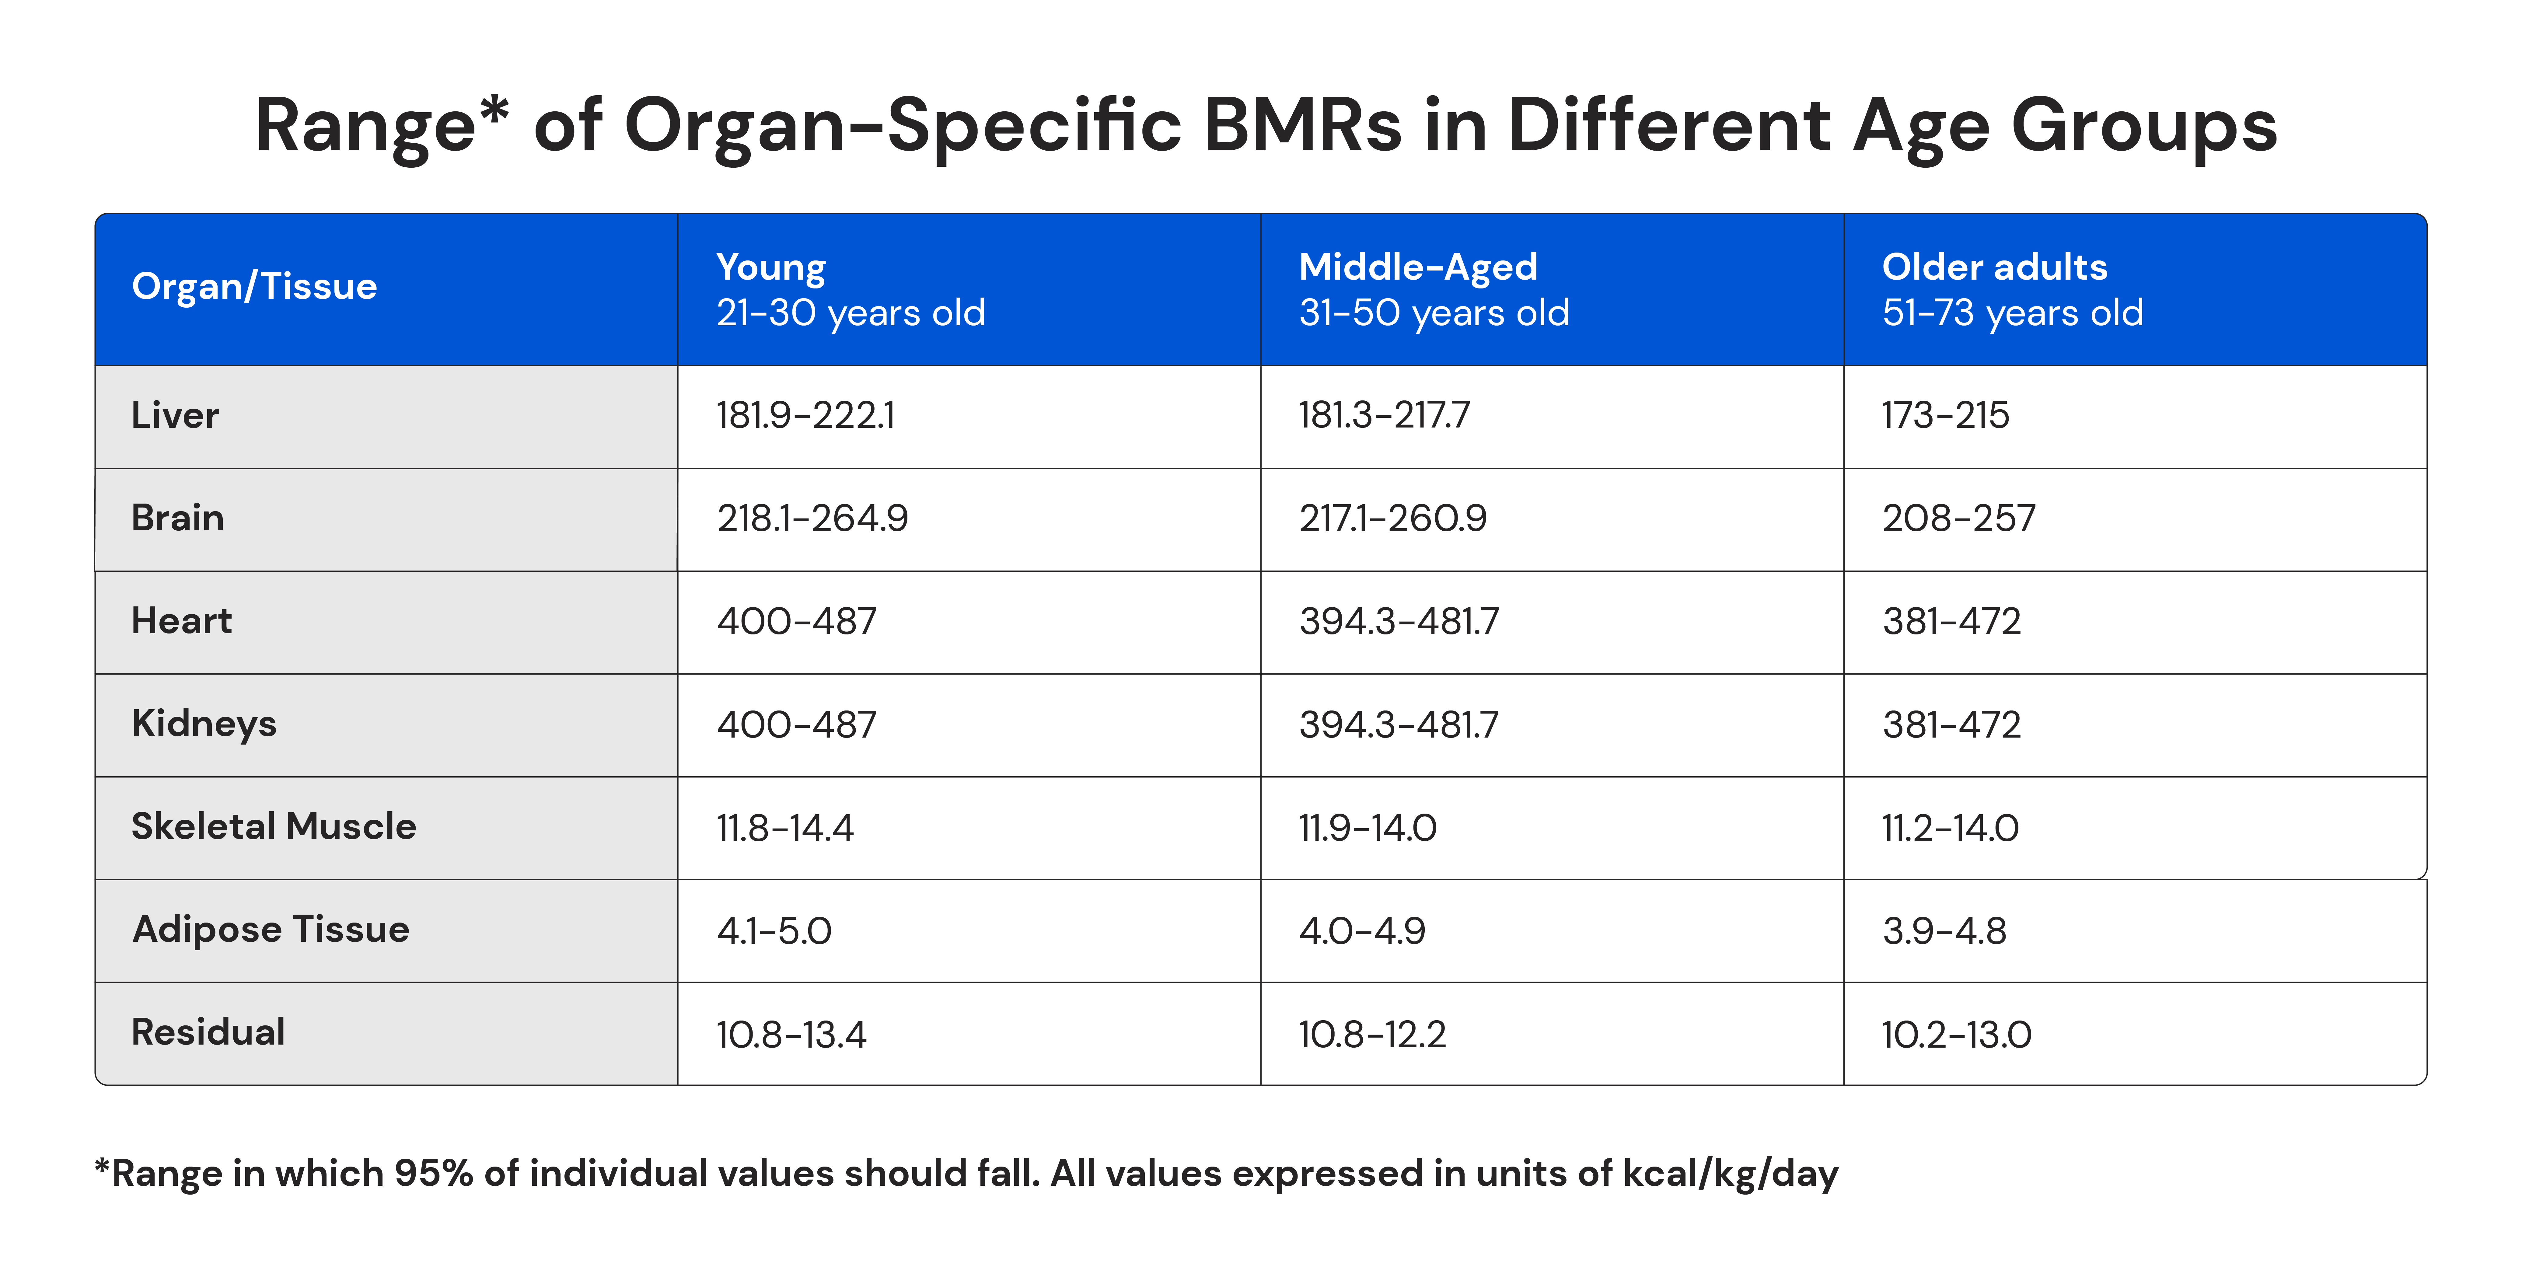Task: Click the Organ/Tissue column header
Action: (254, 287)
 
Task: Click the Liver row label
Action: (175, 416)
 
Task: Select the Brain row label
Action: (178, 518)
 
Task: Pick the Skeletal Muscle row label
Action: (274, 826)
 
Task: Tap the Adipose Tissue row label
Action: (271, 930)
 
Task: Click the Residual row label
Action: (208, 1032)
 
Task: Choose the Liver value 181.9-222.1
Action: (805, 416)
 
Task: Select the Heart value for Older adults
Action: (1951, 621)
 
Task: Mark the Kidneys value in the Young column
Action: (795, 725)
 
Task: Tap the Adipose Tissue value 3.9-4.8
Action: (1943, 930)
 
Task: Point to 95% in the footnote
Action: (433, 1174)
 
